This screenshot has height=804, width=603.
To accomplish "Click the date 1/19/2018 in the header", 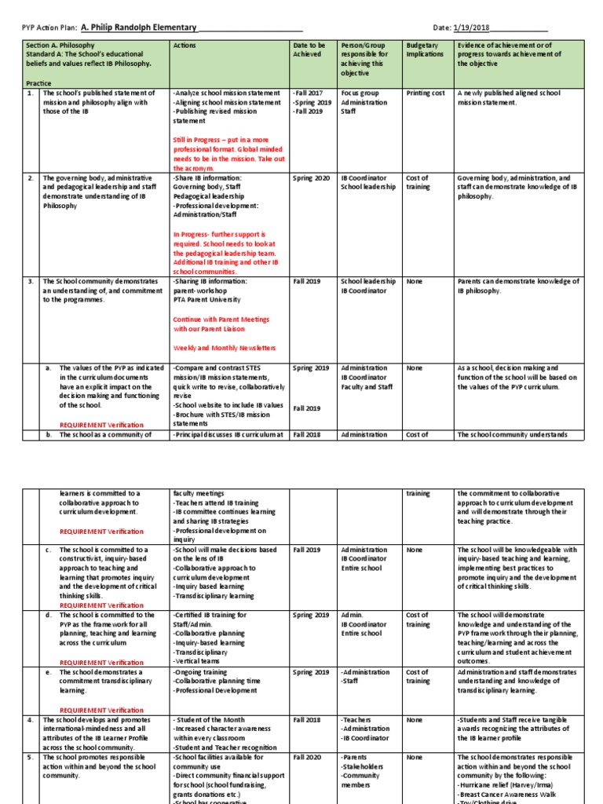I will pyautogui.click(x=471, y=27).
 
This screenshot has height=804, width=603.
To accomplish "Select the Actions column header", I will pyautogui.click(x=185, y=46).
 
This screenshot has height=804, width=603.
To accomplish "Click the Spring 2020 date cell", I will pyautogui.click(x=311, y=178).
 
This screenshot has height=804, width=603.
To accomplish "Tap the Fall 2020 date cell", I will pyautogui.click(x=307, y=757).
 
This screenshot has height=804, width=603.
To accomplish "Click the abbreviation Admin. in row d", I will pyautogui.click(x=353, y=616).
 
